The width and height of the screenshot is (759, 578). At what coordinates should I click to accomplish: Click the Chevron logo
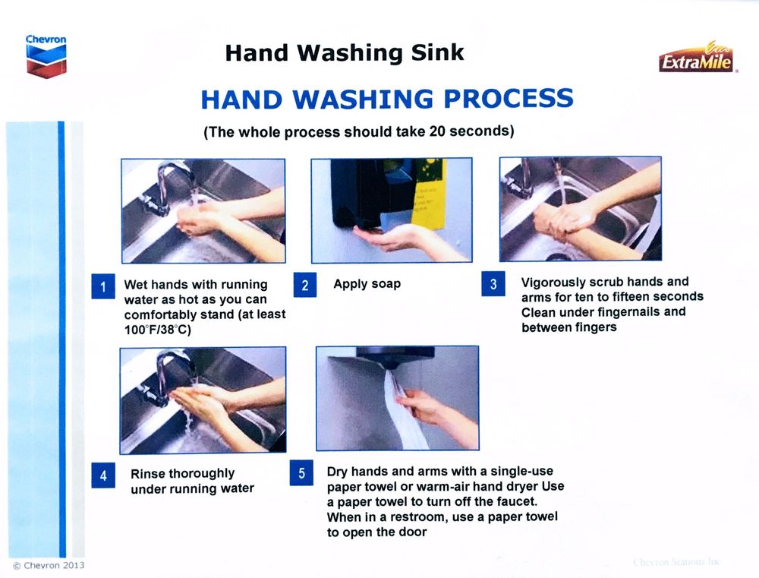46,55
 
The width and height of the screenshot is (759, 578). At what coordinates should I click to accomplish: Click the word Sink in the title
438,52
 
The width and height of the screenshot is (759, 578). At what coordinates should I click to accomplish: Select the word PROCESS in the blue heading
509,99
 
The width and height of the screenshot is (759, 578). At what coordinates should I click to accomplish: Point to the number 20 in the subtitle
436,131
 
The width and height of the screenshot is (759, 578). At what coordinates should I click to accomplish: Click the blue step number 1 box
103,286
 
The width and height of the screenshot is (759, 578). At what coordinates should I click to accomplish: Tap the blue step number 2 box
305,285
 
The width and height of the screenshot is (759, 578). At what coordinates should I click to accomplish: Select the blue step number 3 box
493,284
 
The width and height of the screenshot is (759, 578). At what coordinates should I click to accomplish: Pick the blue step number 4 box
103,475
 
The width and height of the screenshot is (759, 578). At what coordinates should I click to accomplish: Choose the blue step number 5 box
301,473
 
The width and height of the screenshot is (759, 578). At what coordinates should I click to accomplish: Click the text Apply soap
367,284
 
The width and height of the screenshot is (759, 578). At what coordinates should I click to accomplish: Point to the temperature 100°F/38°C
158,330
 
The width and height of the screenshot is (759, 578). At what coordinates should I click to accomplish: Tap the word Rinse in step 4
148,473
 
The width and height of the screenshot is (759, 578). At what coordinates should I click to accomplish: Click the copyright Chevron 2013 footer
49,565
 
